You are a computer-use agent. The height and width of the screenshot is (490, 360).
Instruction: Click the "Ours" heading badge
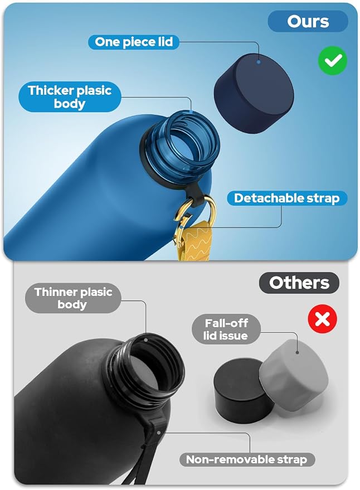click(308, 21)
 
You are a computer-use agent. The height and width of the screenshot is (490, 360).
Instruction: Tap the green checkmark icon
click(333, 61)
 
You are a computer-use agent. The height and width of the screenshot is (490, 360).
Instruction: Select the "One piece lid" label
click(134, 42)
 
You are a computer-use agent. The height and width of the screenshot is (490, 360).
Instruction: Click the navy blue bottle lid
click(254, 93)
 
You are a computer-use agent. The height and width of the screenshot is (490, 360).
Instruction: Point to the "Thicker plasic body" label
click(70, 97)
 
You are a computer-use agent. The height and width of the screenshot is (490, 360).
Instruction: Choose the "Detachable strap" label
click(287, 198)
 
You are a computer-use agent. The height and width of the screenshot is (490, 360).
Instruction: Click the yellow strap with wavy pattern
click(194, 241)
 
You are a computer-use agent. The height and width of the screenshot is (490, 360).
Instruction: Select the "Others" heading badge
click(299, 283)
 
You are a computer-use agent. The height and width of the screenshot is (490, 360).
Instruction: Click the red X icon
click(323, 319)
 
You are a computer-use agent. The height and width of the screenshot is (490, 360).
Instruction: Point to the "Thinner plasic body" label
click(73, 298)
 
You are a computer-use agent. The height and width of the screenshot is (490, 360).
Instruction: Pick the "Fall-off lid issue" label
click(226, 329)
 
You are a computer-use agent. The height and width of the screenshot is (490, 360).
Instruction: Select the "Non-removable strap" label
click(247, 460)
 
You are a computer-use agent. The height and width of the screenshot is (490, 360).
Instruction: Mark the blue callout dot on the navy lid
click(259, 62)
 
